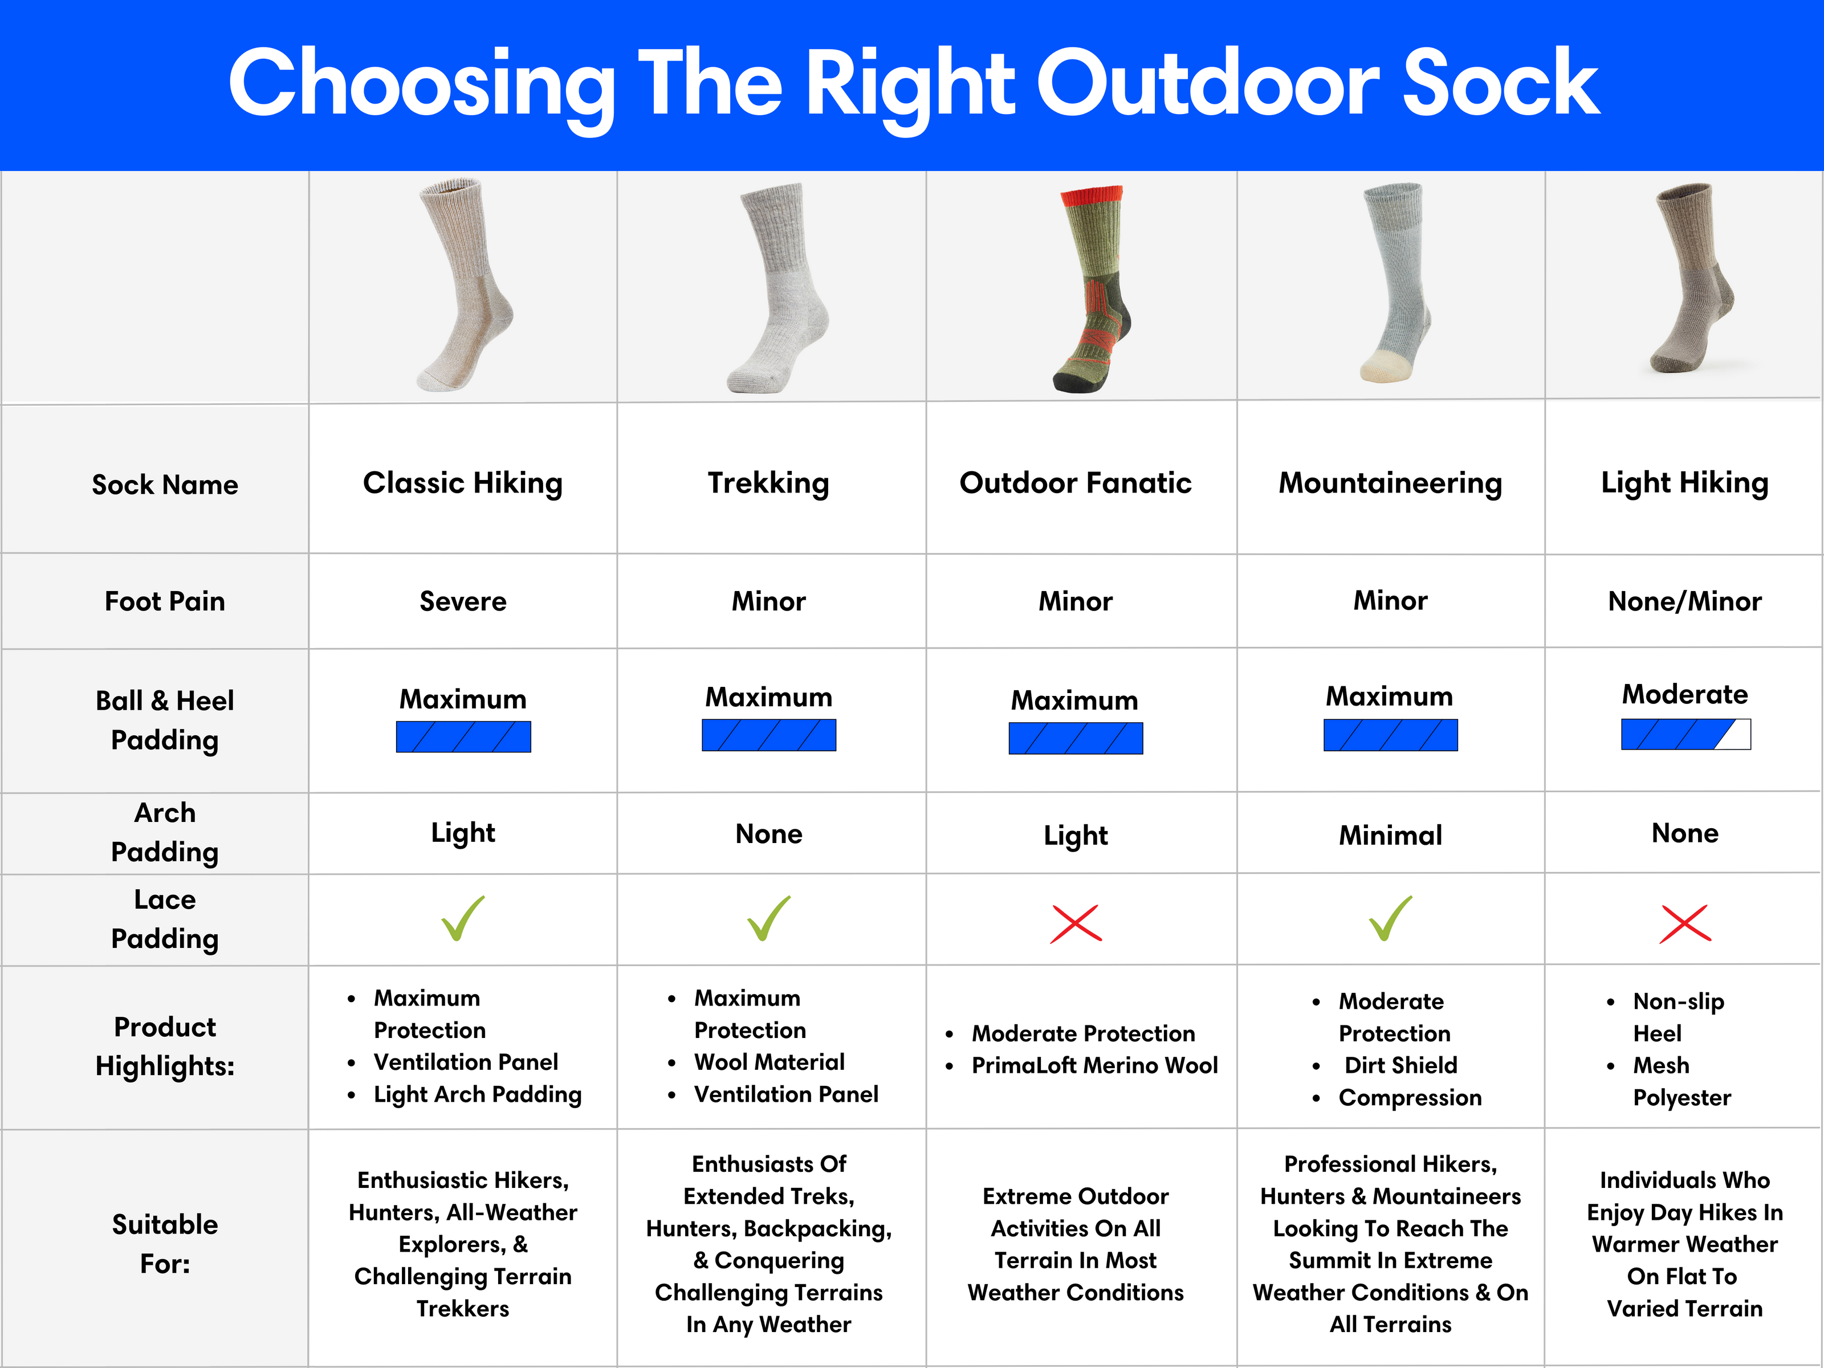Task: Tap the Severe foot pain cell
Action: (x=463, y=601)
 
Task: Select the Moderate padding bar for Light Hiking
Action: (x=1685, y=734)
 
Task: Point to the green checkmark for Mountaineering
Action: (x=1390, y=919)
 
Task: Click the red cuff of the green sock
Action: (x=1091, y=196)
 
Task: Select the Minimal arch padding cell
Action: (x=1390, y=835)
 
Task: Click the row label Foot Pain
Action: (x=165, y=601)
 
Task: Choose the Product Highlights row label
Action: (x=165, y=1047)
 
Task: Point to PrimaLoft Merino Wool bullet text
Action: (x=1094, y=1065)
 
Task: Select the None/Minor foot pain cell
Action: (x=1685, y=601)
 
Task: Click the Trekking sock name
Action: (x=768, y=483)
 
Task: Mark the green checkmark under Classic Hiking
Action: (x=463, y=919)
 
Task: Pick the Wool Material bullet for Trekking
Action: (x=769, y=1062)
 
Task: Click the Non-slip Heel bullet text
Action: (x=1678, y=1017)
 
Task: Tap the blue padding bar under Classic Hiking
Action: (x=463, y=736)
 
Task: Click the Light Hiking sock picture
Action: (x=1691, y=278)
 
